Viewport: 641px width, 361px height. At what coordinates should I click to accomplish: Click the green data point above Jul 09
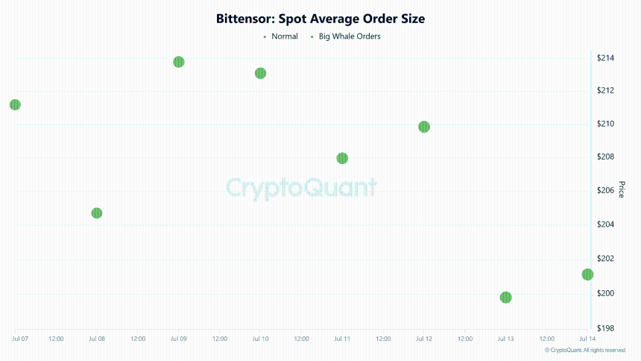point(179,62)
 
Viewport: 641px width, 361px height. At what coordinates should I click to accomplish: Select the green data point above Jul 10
point(260,73)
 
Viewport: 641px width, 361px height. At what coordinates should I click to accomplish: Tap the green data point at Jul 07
point(15,104)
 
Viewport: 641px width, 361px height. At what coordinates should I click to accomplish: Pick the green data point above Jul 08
point(96,213)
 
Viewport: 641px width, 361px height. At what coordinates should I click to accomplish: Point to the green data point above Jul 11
point(342,158)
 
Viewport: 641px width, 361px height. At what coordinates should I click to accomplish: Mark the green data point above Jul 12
point(424,127)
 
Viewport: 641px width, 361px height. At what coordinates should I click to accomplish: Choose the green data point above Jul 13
point(505,297)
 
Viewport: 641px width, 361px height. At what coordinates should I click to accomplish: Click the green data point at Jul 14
point(587,274)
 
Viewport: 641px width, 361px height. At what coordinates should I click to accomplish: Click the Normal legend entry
point(281,37)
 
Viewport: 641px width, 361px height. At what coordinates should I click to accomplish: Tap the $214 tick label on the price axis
point(605,57)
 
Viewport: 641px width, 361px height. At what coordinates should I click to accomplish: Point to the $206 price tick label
point(605,190)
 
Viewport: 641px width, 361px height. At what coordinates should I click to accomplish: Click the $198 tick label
point(605,328)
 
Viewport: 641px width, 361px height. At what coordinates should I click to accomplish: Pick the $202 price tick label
point(605,258)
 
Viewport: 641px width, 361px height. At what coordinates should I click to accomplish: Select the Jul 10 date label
point(260,339)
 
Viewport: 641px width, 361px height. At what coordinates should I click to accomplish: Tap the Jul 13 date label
point(505,339)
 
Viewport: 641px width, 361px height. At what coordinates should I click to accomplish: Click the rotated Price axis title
point(622,189)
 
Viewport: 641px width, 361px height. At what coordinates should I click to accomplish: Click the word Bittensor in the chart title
point(245,19)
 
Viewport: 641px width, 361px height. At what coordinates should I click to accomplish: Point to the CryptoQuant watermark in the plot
point(301,188)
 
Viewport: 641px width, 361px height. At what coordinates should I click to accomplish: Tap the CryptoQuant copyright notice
point(585,350)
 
